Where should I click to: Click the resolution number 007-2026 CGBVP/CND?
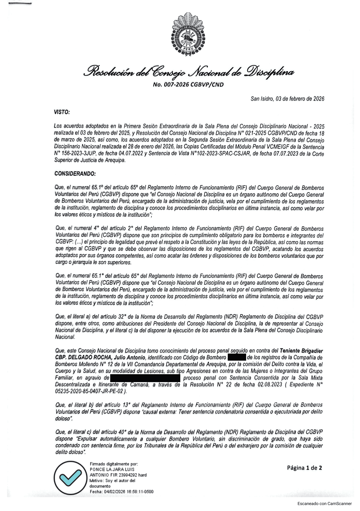point(188,85)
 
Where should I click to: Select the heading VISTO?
point(62,112)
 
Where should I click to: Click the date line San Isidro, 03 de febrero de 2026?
point(287,99)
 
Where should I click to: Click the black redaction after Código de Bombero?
point(237,358)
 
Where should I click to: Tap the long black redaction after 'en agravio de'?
point(145,378)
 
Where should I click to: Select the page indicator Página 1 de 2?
point(304,468)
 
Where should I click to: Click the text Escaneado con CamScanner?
point(324,503)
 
